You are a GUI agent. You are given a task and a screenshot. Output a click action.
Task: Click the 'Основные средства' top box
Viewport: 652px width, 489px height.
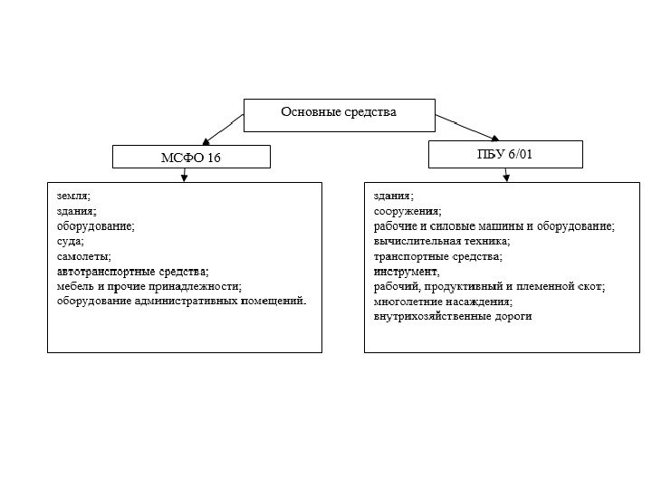(x=339, y=112)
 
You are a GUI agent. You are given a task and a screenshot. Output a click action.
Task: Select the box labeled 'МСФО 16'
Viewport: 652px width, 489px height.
(x=191, y=158)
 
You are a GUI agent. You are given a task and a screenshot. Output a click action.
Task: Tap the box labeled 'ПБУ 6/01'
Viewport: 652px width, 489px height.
(x=505, y=154)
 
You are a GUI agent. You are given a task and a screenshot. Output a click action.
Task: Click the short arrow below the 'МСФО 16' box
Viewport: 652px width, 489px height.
(x=185, y=175)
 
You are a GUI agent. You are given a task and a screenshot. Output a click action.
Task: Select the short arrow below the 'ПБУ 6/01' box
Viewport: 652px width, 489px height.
(x=506, y=175)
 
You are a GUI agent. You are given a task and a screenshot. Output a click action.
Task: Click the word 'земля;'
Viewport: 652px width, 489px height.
(x=73, y=196)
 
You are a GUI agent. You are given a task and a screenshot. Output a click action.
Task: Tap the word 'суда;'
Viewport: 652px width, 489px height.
(x=70, y=241)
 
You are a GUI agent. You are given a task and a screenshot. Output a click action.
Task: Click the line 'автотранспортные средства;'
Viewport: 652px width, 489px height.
(x=132, y=271)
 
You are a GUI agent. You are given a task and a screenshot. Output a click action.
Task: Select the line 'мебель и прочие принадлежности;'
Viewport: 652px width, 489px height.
(x=149, y=286)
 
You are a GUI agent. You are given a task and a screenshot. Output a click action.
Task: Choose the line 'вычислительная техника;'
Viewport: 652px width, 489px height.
(x=442, y=241)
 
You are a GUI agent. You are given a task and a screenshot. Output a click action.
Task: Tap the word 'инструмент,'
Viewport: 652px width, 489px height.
(x=406, y=271)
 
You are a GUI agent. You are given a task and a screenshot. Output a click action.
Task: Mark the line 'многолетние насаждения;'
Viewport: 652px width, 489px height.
(x=443, y=301)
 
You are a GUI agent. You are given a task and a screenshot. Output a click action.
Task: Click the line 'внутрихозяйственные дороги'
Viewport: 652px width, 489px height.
(x=453, y=316)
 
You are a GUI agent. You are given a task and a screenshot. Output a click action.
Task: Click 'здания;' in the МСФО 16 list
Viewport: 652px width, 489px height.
(x=76, y=211)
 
